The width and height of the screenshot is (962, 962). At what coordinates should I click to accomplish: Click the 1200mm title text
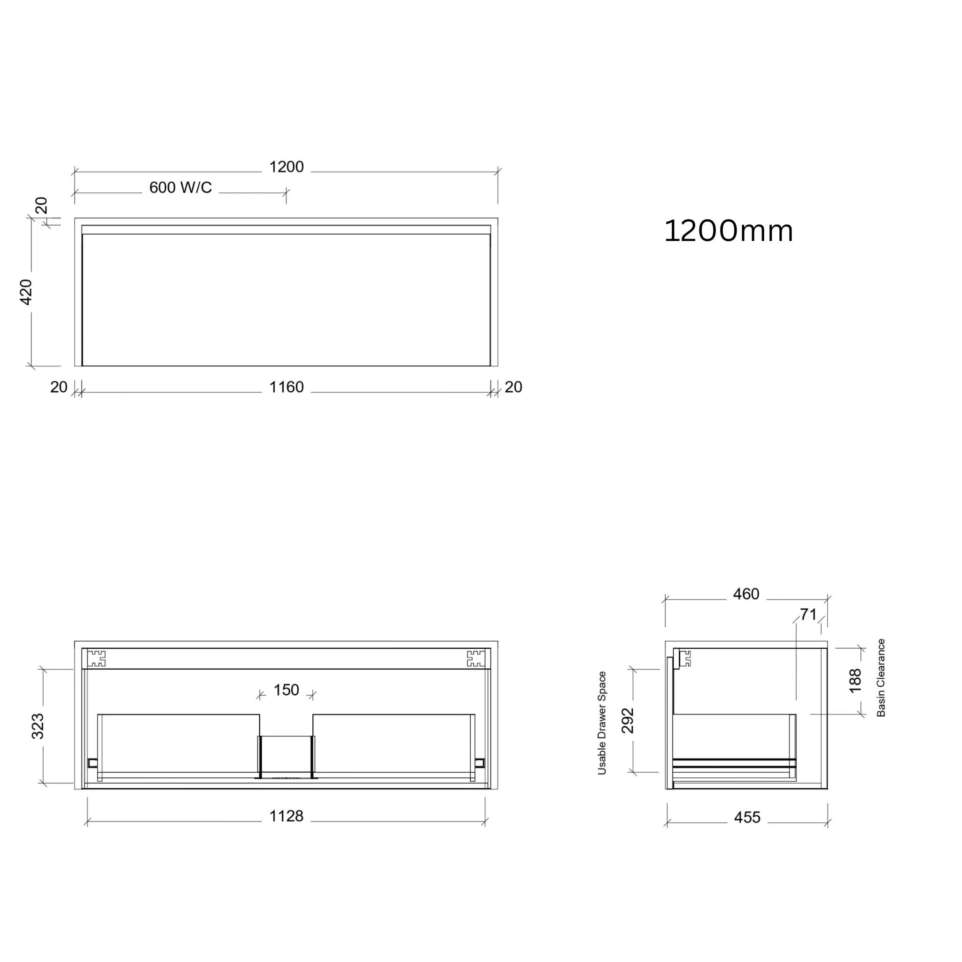tap(728, 232)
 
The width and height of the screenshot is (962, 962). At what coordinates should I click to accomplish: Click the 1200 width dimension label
tap(287, 167)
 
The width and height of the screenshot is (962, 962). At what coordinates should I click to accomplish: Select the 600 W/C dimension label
tap(180, 188)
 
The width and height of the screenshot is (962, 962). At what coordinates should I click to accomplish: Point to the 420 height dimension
tap(26, 292)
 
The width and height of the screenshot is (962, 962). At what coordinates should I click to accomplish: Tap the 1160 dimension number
tap(287, 387)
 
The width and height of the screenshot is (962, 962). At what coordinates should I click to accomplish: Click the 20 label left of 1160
tap(59, 387)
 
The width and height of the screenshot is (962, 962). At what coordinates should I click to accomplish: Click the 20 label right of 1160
tap(513, 387)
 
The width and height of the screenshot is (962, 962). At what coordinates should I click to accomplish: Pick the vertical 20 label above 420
tap(41, 205)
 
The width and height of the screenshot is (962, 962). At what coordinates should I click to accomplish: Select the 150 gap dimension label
tap(287, 690)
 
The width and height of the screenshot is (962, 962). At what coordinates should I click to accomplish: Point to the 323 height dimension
tap(39, 726)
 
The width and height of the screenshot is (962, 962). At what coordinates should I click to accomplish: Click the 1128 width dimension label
tap(287, 816)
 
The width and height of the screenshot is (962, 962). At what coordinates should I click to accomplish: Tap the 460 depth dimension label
tap(746, 594)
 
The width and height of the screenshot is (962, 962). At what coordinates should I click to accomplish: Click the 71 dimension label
tap(808, 614)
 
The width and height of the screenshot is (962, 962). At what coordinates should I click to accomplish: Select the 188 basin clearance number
tap(854, 681)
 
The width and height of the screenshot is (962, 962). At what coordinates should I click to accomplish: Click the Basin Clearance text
tap(881, 678)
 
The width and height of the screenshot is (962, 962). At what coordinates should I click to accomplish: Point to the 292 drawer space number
tap(628, 721)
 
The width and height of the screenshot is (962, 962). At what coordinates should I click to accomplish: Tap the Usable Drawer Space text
tap(602, 723)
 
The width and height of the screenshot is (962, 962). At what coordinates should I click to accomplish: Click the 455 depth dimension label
tap(747, 817)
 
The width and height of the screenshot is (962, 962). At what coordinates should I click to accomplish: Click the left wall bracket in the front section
tap(97, 658)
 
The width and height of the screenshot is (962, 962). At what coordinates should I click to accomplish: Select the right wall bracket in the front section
tap(475, 658)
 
